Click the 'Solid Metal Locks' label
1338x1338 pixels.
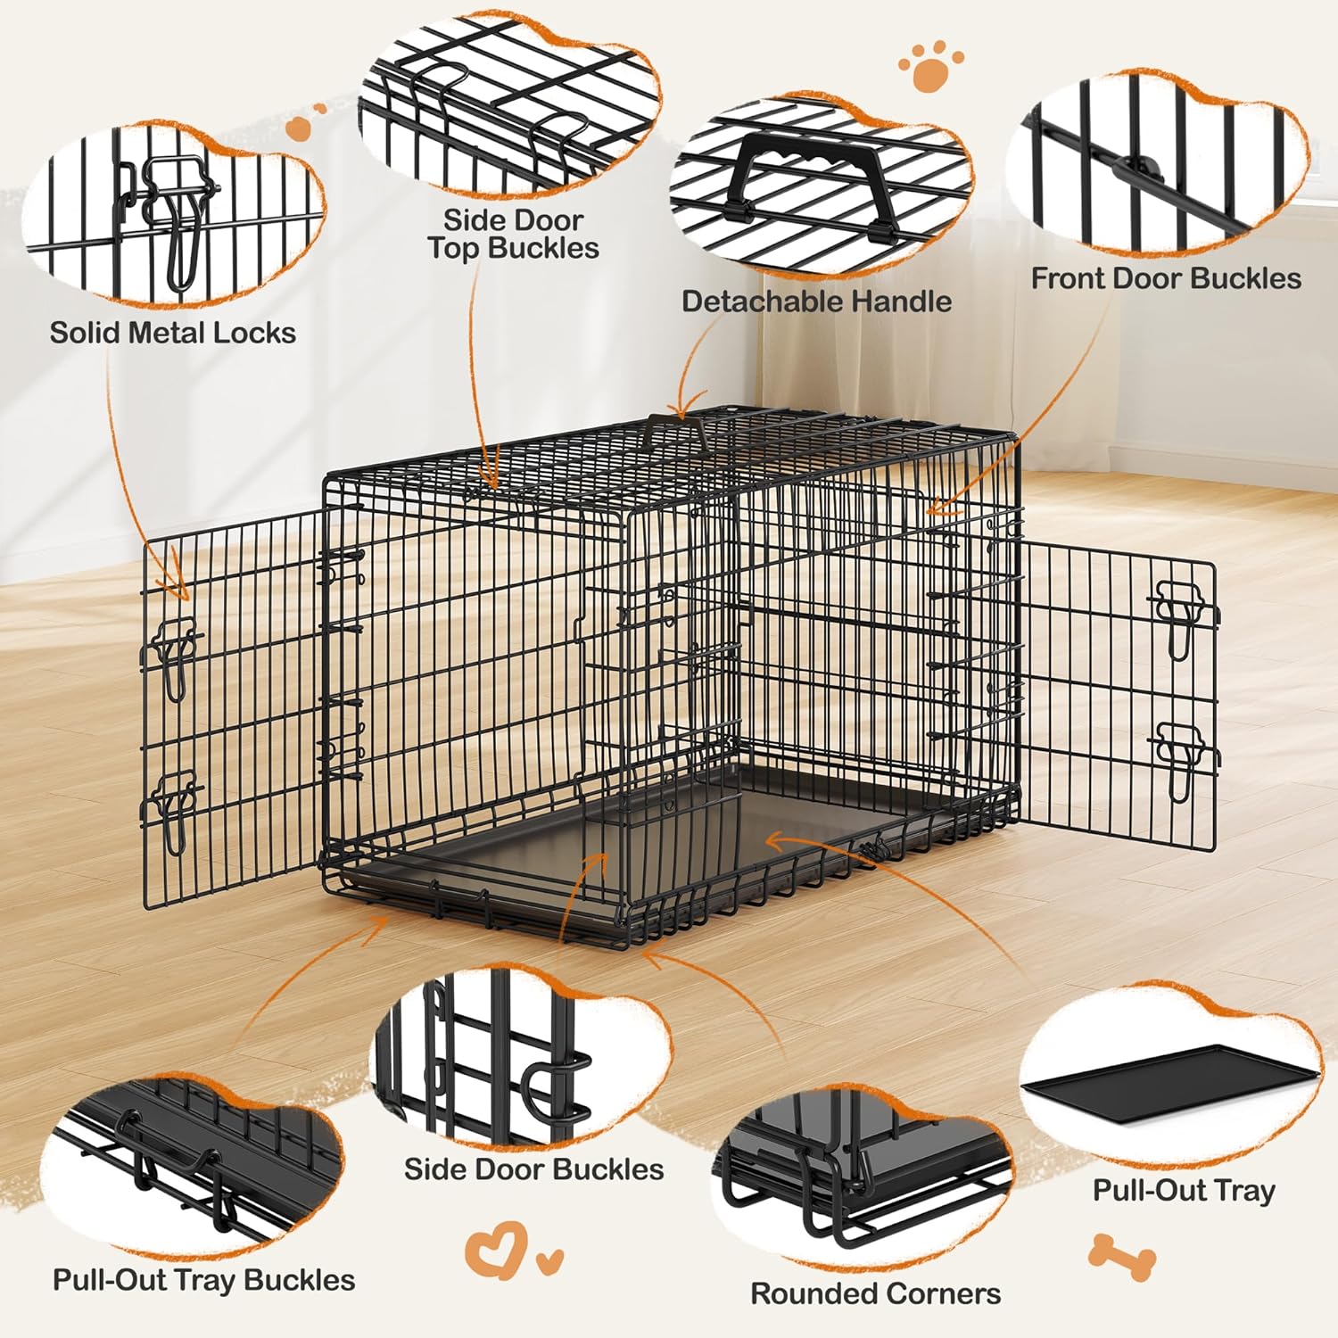[172, 333]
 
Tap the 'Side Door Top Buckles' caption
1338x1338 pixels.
[513, 234]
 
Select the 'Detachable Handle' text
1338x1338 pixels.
[816, 301]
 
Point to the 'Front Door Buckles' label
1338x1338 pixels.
[1166, 278]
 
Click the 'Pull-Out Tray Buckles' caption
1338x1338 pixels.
[203, 1280]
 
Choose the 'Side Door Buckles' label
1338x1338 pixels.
[533, 1169]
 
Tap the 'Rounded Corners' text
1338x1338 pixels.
[875, 1293]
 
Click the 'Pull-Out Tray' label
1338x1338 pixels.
[1184, 1191]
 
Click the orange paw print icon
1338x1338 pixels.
[930, 65]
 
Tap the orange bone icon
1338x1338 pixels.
[1121, 1256]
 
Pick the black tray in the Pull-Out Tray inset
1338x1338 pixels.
[1169, 1084]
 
